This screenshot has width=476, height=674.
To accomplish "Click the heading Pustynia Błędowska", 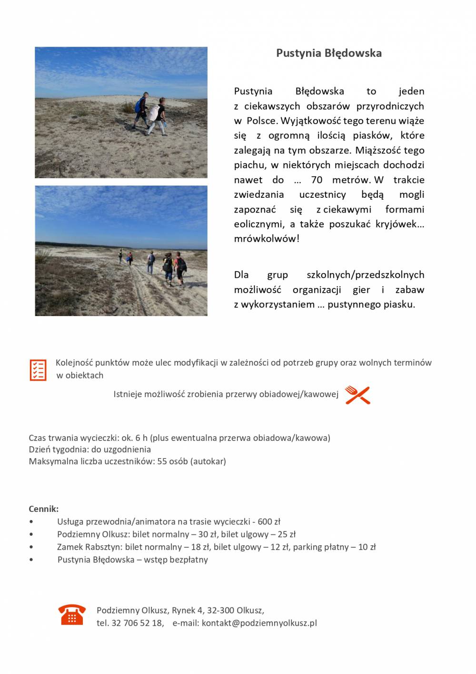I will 329,53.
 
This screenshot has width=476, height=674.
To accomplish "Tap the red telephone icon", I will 72,614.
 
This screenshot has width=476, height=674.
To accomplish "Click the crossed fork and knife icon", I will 357,395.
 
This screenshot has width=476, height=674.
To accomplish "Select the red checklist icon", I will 38,370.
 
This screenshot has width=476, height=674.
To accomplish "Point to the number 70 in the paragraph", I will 317,180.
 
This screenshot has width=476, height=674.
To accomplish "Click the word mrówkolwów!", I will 267,239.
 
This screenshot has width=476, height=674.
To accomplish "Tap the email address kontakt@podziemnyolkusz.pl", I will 259,623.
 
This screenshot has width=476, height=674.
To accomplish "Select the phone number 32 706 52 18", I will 137,623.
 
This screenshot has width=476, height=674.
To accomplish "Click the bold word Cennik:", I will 44,509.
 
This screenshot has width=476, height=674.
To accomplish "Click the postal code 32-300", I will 220,610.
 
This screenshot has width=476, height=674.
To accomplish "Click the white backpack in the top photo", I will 154,112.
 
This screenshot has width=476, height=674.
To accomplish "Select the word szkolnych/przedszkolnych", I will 365,275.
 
